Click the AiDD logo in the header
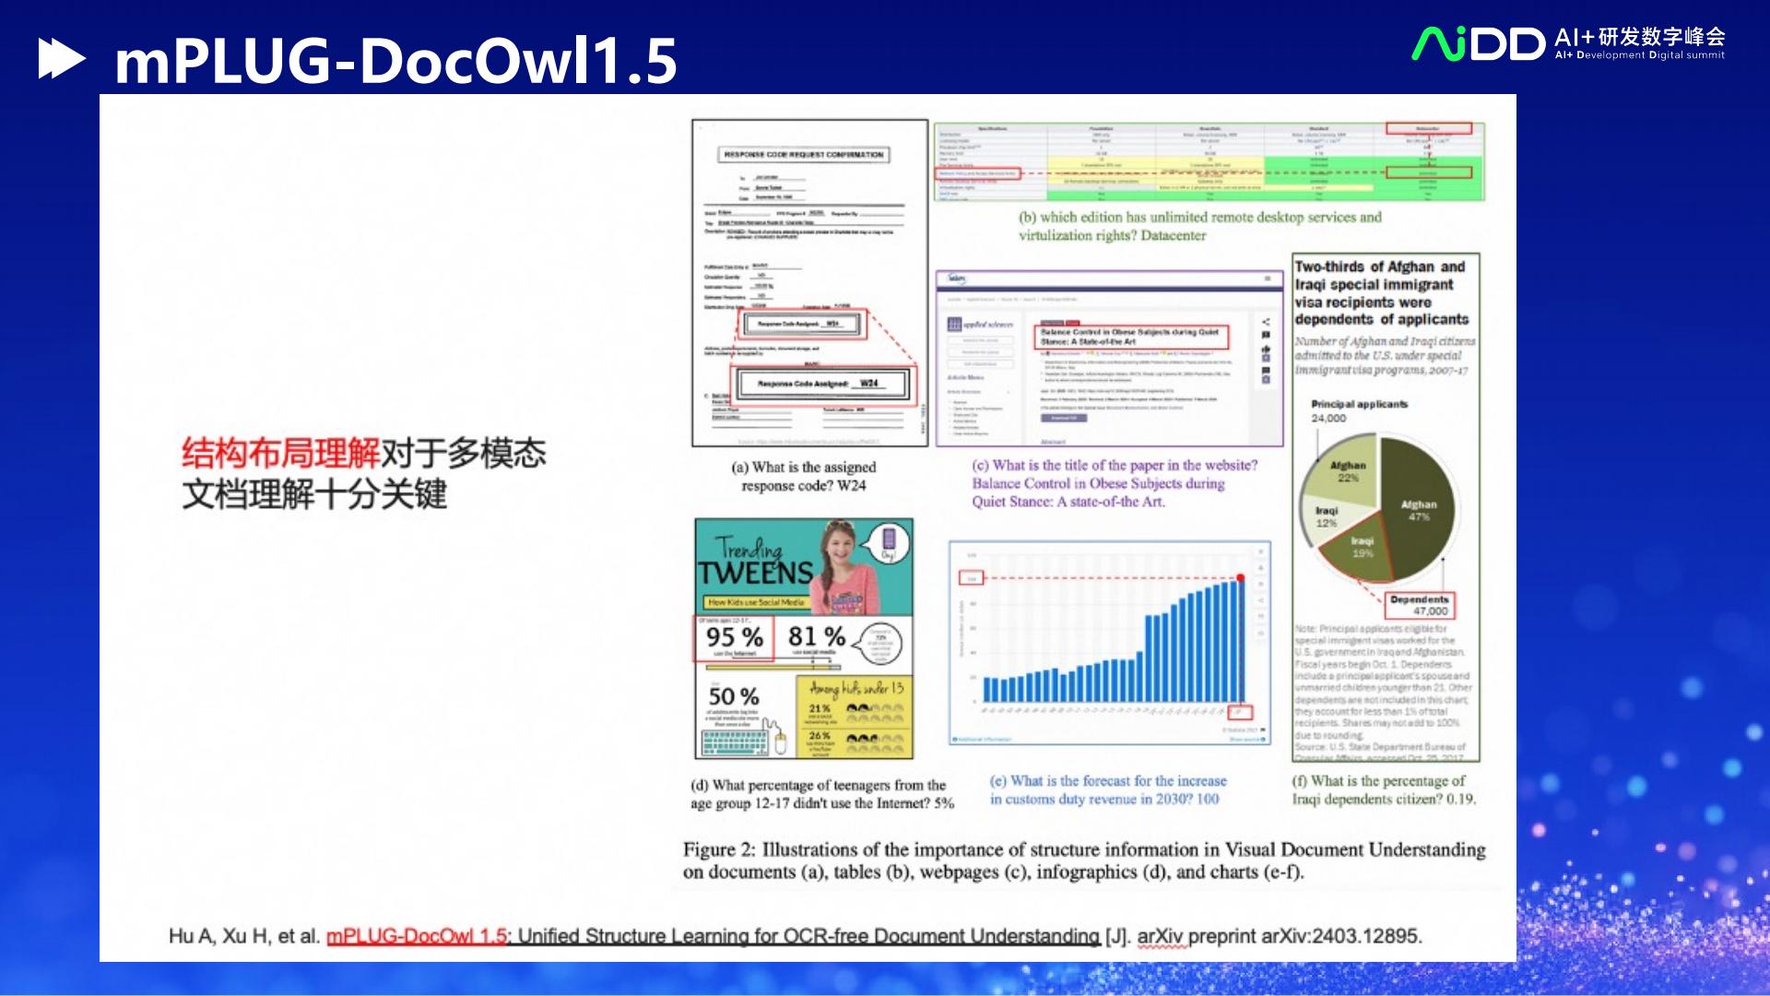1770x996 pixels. [x=1478, y=43]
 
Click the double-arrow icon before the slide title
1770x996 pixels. [x=61, y=59]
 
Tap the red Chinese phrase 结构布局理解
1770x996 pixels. [x=280, y=453]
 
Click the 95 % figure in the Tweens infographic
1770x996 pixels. [x=734, y=637]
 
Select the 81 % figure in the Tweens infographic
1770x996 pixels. [x=816, y=636]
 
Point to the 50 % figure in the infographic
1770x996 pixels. [x=734, y=696]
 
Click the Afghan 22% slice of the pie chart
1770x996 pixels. [x=1347, y=472]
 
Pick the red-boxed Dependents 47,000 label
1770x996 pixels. [x=1420, y=605]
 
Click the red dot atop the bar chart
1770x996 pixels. [x=1241, y=578]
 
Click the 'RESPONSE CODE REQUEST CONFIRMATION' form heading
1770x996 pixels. [x=803, y=155]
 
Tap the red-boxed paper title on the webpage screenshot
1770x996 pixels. [x=1130, y=337]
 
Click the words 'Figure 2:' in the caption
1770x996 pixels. [x=709, y=849]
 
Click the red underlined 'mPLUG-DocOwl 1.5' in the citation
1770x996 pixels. [x=417, y=936]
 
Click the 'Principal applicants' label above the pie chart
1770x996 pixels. [x=1359, y=404]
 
